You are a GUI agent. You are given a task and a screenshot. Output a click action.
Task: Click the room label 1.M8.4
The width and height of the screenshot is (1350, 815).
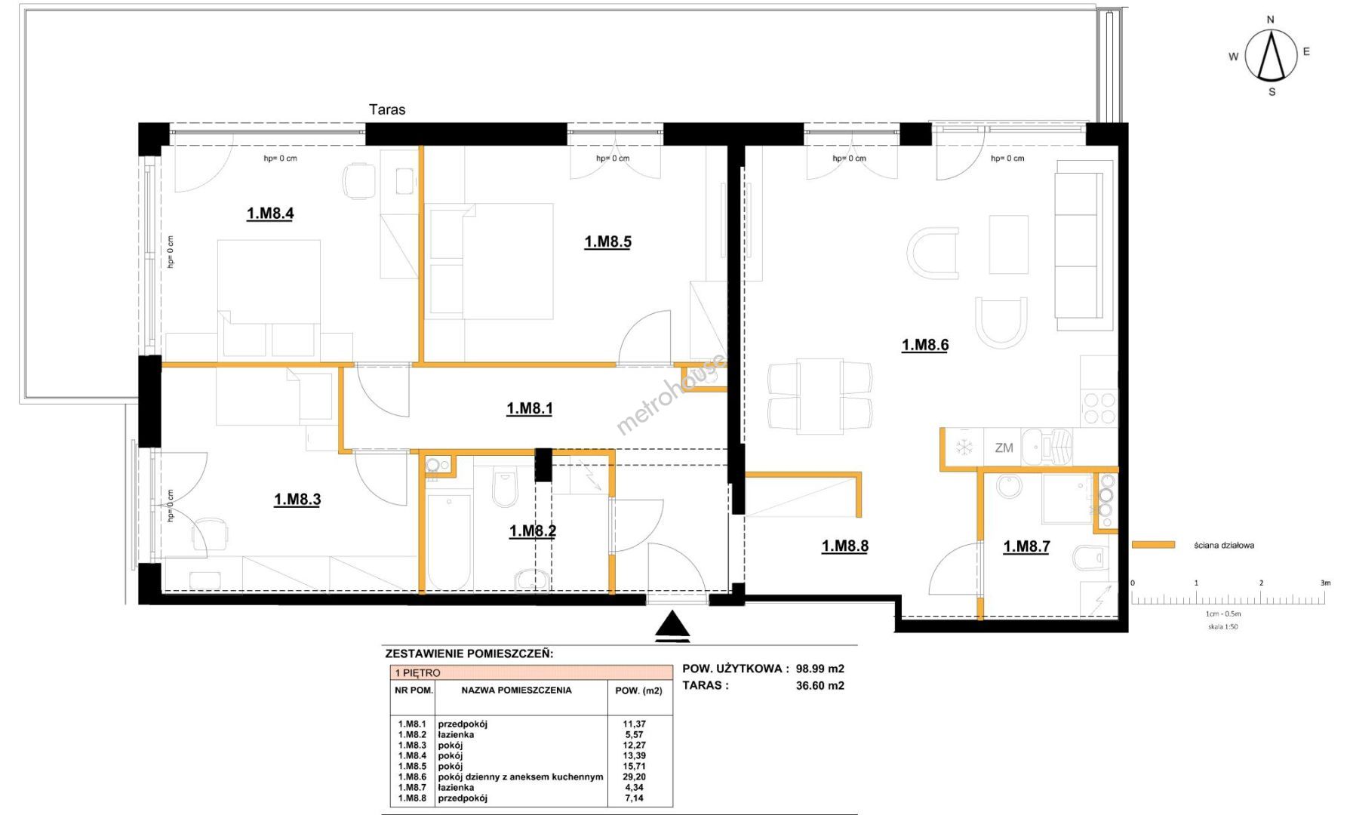click(270, 214)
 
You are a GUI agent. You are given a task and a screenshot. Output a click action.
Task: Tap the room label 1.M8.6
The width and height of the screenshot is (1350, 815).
click(925, 346)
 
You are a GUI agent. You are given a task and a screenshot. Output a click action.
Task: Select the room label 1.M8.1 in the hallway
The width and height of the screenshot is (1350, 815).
click(529, 409)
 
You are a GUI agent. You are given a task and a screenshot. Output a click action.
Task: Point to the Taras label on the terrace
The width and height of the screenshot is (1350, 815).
click(387, 110)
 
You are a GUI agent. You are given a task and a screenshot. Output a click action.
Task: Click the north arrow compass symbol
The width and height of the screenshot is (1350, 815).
click(1272, 55)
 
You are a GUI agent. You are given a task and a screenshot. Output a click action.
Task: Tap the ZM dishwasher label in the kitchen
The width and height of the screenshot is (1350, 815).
click(1004, 448)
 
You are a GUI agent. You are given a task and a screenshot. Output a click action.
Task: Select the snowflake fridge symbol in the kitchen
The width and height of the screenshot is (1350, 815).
click(964, 447)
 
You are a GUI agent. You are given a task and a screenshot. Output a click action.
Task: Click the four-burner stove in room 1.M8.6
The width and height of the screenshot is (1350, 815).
click(1099, 408)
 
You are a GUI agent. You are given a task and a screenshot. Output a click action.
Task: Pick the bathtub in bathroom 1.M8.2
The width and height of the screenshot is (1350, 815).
click(449, 542)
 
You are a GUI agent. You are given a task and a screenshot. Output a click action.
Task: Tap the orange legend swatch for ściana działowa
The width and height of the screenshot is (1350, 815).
click(1154, 545)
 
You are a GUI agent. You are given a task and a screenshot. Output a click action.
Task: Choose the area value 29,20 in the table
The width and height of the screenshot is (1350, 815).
click(635, 777)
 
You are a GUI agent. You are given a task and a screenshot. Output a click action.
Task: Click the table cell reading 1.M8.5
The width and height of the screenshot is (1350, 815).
click(412, 766)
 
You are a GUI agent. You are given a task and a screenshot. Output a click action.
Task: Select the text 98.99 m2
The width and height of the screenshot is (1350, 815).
click(820, 669)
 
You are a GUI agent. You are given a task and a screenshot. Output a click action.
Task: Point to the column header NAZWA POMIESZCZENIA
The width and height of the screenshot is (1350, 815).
click(516, 690)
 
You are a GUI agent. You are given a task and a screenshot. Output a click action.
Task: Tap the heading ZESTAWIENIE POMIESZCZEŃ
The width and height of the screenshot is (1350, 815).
click(469, 654)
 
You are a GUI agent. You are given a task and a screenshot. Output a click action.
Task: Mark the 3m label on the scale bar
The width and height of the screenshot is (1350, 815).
click(1325, 583)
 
